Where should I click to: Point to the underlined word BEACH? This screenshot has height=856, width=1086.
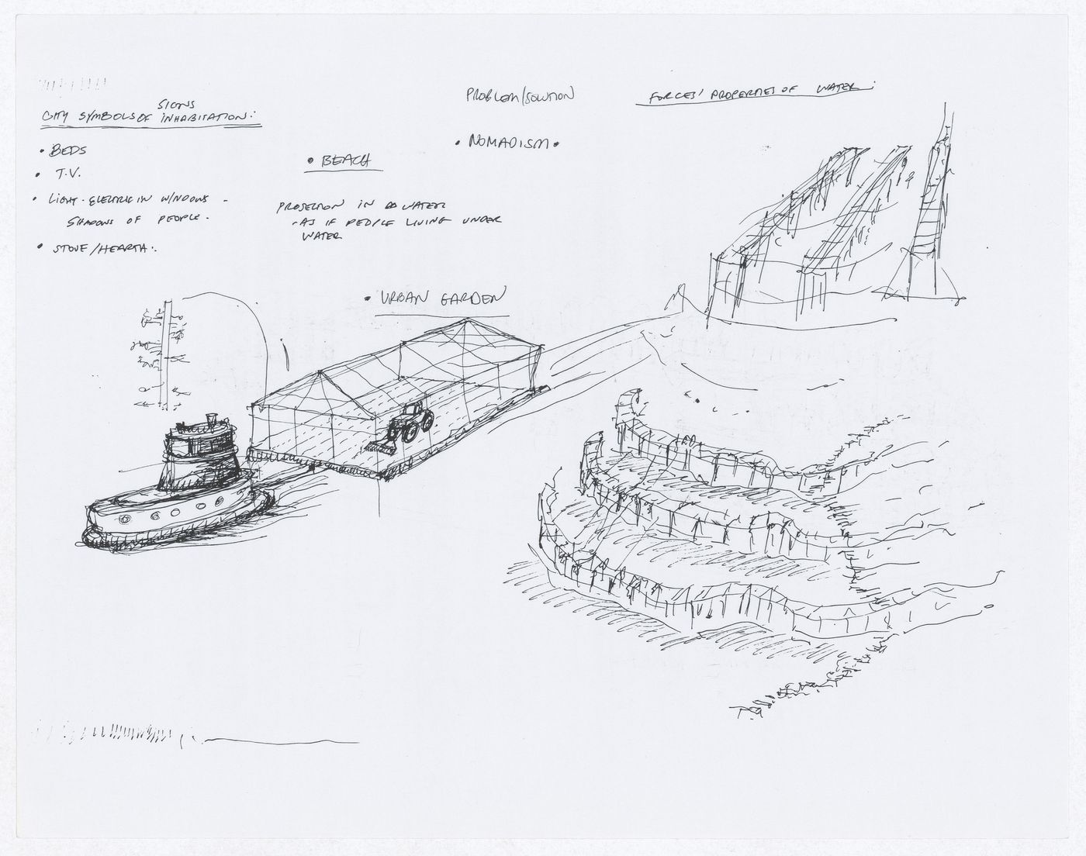point(340,160)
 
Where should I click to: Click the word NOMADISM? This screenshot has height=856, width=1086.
point(508,143)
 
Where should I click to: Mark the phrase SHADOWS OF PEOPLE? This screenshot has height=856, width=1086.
point(139,219)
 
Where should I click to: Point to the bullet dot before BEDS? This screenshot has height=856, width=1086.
point(42,151)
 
